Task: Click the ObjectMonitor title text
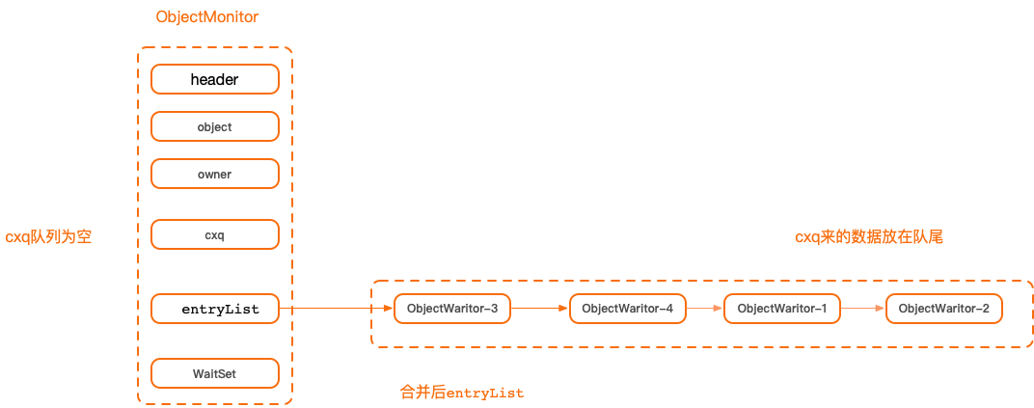[206, 17]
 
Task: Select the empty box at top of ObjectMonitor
[215, 79]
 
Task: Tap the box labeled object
[215, 126]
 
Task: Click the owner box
[215, 174]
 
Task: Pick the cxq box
[215, 234]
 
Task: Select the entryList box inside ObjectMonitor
[215, 309]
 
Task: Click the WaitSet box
[215, 373]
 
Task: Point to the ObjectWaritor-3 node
[452, 309]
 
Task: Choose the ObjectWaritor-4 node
[628, 309]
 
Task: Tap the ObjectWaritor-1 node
[782, 309]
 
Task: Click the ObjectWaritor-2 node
[943, 309]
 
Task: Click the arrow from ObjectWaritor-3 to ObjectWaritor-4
[540, 309]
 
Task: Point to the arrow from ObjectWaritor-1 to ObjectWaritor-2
[862, 309]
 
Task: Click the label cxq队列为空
[48, 237]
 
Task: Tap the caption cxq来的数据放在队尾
[868, 237]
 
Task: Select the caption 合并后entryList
[461, 393]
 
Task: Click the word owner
[215, 174]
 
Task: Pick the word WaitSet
[215, 373]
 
